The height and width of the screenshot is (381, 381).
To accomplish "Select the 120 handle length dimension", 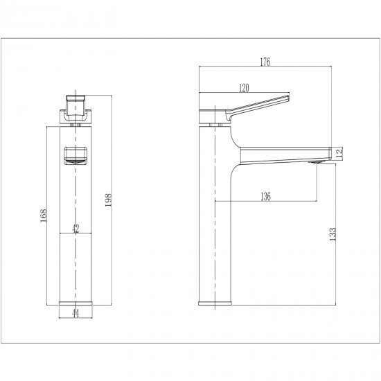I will point(244,88).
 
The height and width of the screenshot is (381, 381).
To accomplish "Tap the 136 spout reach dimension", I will point(265,196).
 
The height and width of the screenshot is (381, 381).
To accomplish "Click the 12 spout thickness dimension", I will point(339,153).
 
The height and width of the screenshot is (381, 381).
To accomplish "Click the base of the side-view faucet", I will point(214,302).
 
